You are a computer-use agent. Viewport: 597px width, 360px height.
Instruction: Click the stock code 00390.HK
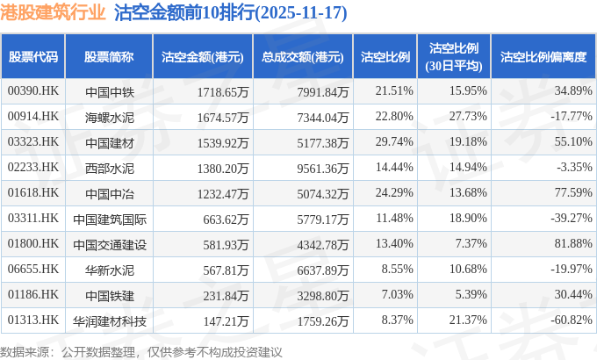pos(32,91)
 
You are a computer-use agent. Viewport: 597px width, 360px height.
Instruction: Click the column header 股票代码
pos(32,57)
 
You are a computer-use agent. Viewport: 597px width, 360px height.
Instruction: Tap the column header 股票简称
pos(109,57)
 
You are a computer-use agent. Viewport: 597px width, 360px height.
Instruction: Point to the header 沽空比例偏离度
pos(543,57)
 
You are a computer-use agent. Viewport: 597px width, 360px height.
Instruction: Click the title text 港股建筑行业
pos(54,13)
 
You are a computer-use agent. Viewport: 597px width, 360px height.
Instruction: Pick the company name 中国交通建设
pos(109,243)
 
